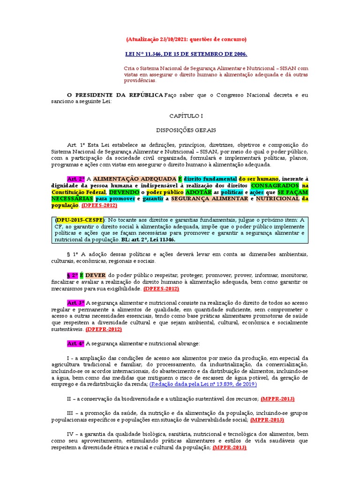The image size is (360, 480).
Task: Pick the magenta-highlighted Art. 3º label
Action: tap(75, 303)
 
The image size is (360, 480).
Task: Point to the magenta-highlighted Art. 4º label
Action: tap(75, 344)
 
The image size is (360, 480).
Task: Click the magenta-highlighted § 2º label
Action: tap(73, 275)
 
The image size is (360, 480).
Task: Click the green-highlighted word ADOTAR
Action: tap(198, 192)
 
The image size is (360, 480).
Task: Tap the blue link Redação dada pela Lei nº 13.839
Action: tap(203, 384)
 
